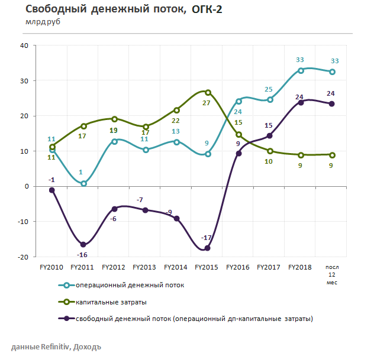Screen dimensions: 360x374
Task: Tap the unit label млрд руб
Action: (x=42, y=22)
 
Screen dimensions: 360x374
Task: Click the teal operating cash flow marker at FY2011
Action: (x=83, y=183)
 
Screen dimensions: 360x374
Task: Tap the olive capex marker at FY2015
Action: (x=208, y=92)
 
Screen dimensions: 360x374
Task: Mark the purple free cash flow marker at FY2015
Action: (x=208, y=248)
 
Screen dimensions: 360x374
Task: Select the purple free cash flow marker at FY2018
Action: (x=301, y=102)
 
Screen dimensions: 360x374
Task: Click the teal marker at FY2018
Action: (x=301, y=70)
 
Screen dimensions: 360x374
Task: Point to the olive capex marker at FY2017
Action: (x=270, y=151)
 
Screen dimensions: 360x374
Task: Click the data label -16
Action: (x=83, y=255)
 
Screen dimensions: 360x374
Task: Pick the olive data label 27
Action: (x=207, y=103)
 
